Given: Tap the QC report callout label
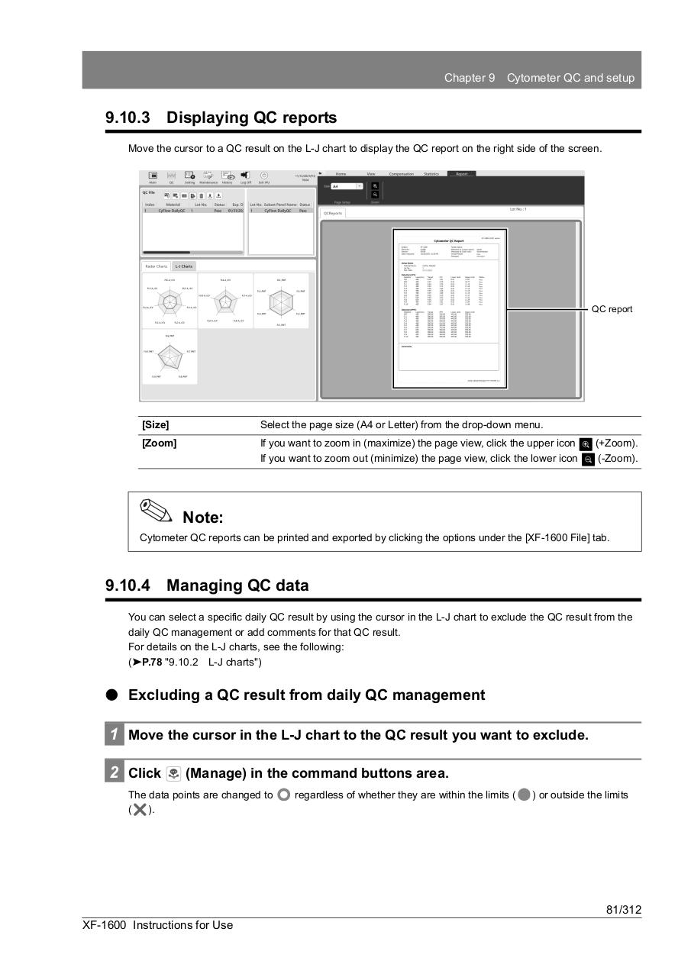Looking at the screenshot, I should click(612, 309).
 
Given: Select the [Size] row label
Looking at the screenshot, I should click(156, 425).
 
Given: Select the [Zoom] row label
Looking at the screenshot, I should click(159, 443).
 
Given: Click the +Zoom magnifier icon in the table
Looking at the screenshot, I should click(586, 444).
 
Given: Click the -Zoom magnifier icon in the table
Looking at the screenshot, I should click(588, 459).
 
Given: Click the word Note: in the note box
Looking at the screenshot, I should click(203, 518).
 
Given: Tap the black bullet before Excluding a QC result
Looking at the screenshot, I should click(112, 695).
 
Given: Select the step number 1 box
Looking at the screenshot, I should click(113, 735).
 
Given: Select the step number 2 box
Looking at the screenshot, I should click(113, 772).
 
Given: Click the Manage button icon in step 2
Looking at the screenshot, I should click(173, 773).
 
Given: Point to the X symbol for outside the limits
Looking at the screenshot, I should click(140, 810).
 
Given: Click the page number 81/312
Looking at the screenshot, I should click(623, 910).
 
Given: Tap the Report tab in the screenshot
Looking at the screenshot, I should click(461, 174).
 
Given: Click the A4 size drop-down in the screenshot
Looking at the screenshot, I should click(347, 186).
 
